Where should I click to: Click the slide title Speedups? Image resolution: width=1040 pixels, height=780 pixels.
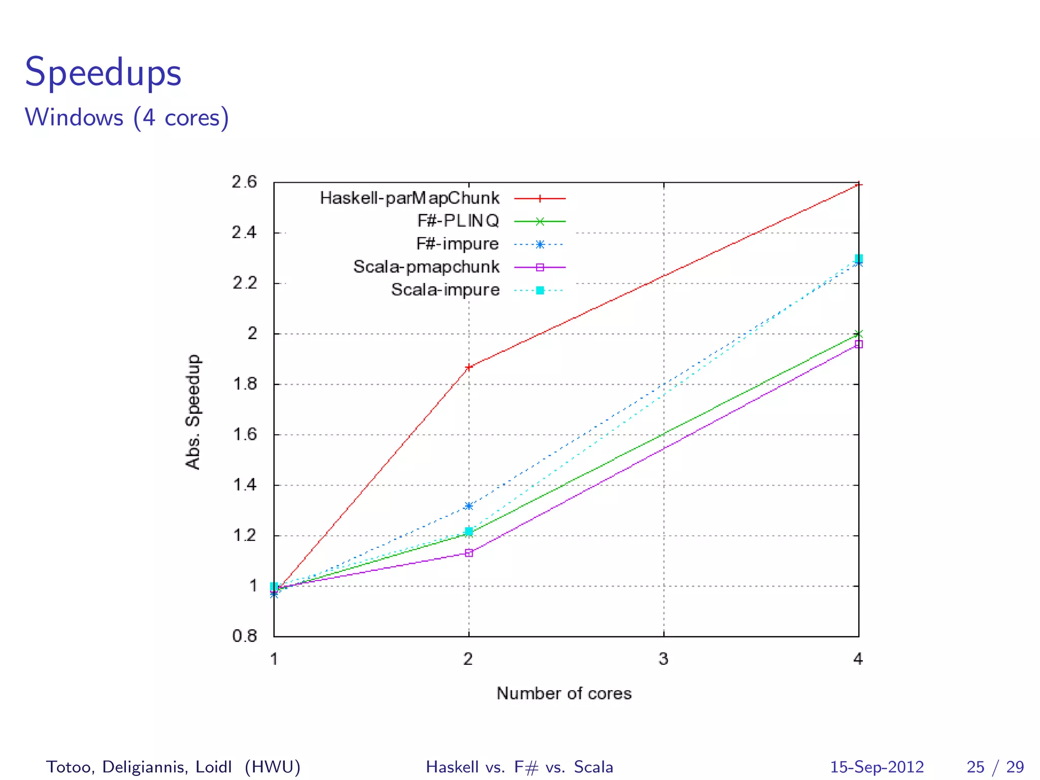click(x=103, y=73)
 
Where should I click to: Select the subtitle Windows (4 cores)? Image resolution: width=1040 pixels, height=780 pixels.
click(x=127, y=118)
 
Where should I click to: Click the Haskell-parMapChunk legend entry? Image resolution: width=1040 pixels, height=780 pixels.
click(x=409, y=198)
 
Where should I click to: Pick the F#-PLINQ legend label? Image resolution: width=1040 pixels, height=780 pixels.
click(x=458, y=221)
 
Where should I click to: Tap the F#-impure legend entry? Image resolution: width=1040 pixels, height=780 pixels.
click(x=457, y=244)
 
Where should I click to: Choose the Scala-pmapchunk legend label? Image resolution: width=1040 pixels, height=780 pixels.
click(x=426, y=267)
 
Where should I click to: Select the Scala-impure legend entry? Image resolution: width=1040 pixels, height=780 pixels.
click(x=445, y=290)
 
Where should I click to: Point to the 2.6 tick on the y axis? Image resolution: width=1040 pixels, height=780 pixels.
click(x=244, y=182)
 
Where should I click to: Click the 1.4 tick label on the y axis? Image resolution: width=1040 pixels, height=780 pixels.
click(x=244, y=485)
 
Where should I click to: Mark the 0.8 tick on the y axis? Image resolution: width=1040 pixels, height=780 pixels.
click(x=244, y=636)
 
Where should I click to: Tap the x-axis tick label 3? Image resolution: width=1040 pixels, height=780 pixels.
click(x=663, y=659)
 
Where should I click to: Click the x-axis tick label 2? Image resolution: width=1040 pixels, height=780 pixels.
click(x=468, y=659)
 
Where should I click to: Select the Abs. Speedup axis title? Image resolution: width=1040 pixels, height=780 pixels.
click(x=193, y=412)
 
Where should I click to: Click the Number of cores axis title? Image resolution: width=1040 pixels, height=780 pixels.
click(x=564, y=694)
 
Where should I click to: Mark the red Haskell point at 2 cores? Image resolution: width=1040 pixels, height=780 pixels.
click(x=469, y=367)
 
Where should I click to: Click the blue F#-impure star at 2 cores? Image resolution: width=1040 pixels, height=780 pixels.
click(x=469, y=506)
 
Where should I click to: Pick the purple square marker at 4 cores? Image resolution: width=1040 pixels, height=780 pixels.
click(x=859, y=344)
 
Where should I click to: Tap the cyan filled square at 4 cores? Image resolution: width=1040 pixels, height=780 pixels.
click(x=859, y=258)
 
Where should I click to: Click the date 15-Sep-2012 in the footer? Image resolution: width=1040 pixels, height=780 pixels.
click(x=876, y=767)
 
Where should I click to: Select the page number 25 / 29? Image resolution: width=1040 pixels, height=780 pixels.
click(x=995, y=767)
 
